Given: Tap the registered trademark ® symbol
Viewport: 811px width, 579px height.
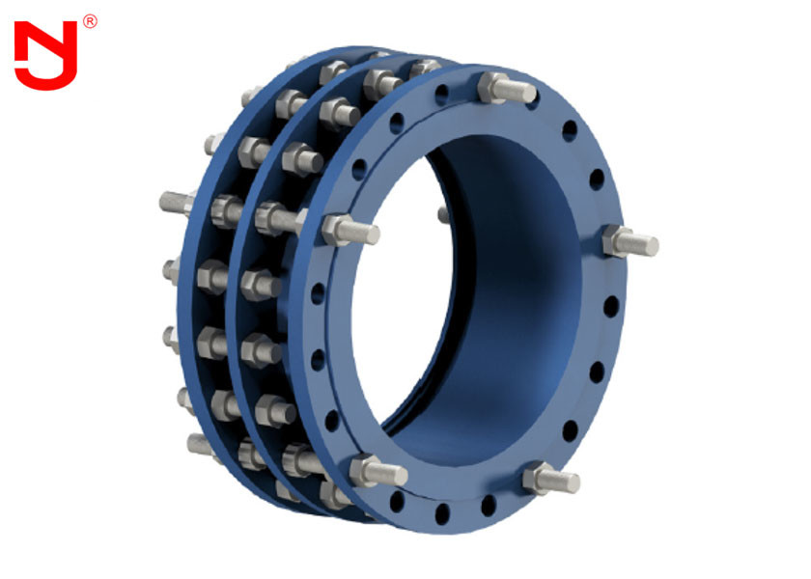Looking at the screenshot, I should tap(90, 20).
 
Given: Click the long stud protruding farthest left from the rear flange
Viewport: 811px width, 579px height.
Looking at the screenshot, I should tap(179, 204).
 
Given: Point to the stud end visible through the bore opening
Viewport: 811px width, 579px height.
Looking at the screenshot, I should tap(443, 213).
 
